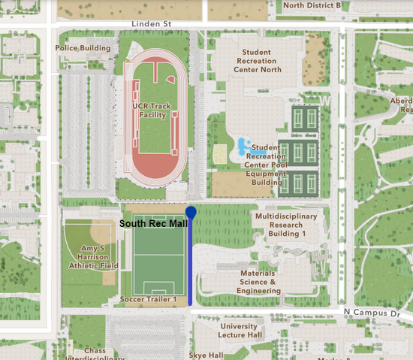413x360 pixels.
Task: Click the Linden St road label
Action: pyautogui.click(x=151, y=24)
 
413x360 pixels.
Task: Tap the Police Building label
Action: pyautogui.click(x=83, y=48)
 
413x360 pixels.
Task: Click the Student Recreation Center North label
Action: pyautogui.click(x=259, y=61)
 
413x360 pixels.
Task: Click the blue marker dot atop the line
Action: pyautogui.click(x=191, y=213)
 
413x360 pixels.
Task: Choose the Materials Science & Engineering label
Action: pyautogui.click(x=259, y=282)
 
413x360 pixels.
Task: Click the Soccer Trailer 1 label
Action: pyautogui.click(x=148, y=300)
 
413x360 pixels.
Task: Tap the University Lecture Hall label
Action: pyautogui.click(x=240, y=331)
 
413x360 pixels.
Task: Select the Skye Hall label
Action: pyautogui.click(x=206, y=355)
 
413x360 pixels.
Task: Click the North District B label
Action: pyautogui.click(x=312, y=5)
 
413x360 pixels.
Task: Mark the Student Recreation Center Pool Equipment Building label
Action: pyautogui.click(x=269, y=165)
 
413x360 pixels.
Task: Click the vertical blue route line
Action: pyautogui.click(x=191, y=263)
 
